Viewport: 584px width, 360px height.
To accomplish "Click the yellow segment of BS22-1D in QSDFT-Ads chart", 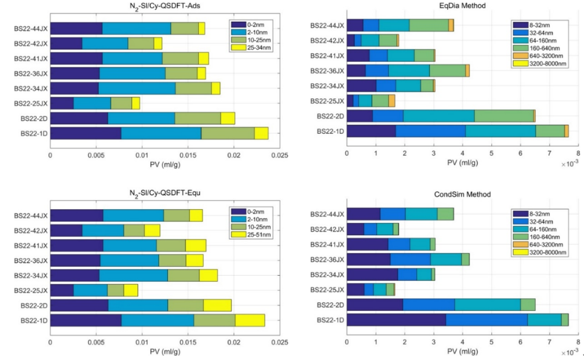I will click(x=261, y=133).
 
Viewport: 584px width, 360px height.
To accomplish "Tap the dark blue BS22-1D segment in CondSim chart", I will click(x=396, y=320).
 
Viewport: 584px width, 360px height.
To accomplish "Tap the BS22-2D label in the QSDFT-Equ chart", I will click(x=35, y=305).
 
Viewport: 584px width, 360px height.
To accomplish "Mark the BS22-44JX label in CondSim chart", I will click(x=327, y=214).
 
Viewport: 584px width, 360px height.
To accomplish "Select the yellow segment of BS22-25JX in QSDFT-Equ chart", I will click(x=131, y=290).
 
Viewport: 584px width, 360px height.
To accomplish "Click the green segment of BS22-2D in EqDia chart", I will click(x=503, y=116).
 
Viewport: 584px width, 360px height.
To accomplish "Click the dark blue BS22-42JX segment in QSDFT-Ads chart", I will click(x=66, y=43).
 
